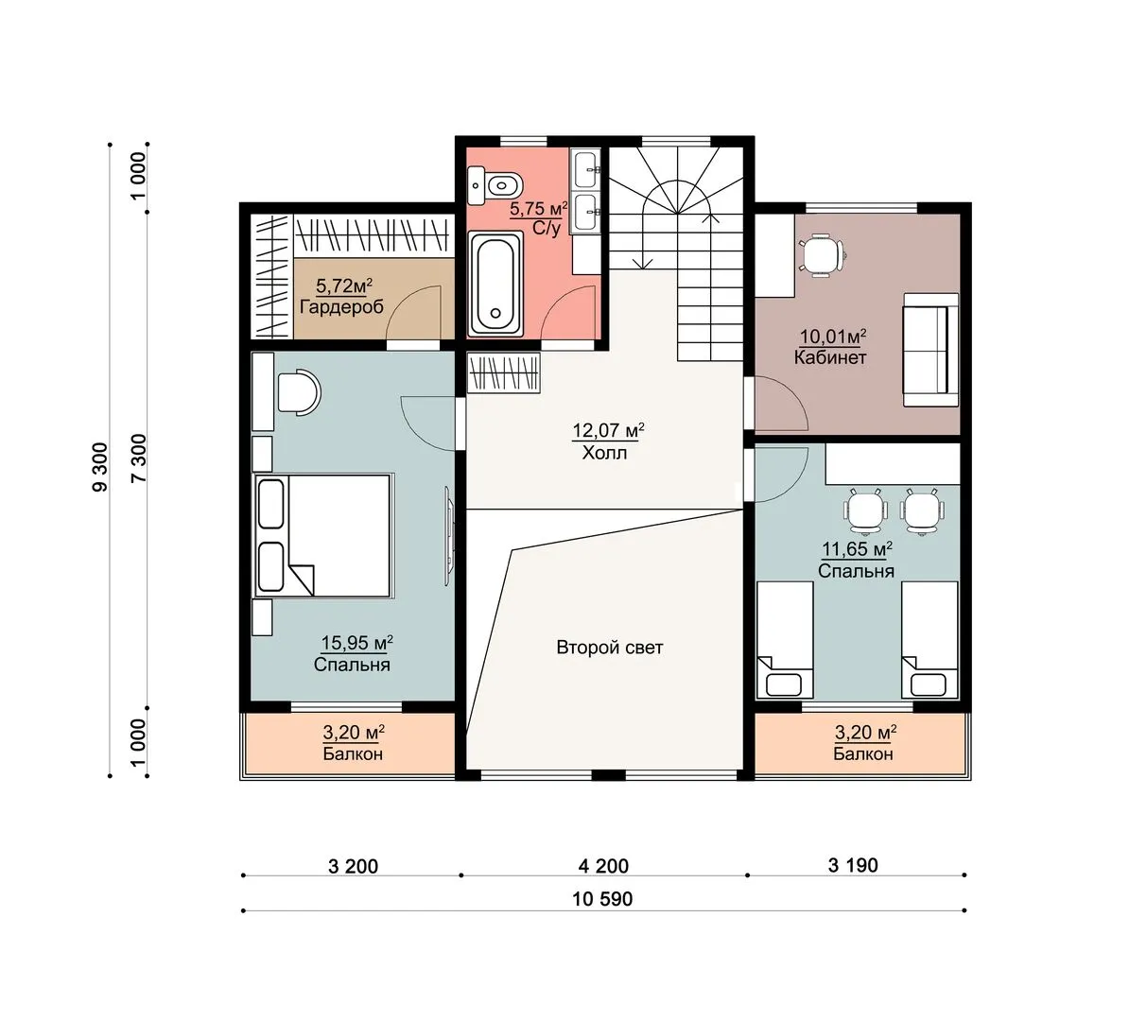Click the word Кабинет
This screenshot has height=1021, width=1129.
pos(830,358)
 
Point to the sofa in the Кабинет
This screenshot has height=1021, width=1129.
pos(931,349)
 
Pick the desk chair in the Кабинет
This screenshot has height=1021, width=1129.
pos(821,255)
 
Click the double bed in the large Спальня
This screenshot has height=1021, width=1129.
pos(321,535)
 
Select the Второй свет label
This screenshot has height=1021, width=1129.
pos(609,648)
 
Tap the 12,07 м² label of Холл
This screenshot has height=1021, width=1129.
pos(608,430)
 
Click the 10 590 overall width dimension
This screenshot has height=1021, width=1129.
pos(602,899)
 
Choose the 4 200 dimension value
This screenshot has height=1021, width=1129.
pos(603,865)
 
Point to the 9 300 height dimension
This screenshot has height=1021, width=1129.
pos(100,467)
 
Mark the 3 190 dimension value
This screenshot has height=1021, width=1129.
pos(853,865)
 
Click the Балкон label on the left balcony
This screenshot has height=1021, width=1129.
pos(353,753)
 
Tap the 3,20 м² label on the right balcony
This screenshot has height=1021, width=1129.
pos(865,733)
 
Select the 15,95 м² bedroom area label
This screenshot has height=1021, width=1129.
pos(356,642)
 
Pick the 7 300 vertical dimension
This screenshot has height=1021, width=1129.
pos(139,459)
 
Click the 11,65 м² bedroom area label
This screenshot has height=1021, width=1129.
pos(858,549)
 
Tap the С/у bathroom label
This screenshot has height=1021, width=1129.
pos(547,228)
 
